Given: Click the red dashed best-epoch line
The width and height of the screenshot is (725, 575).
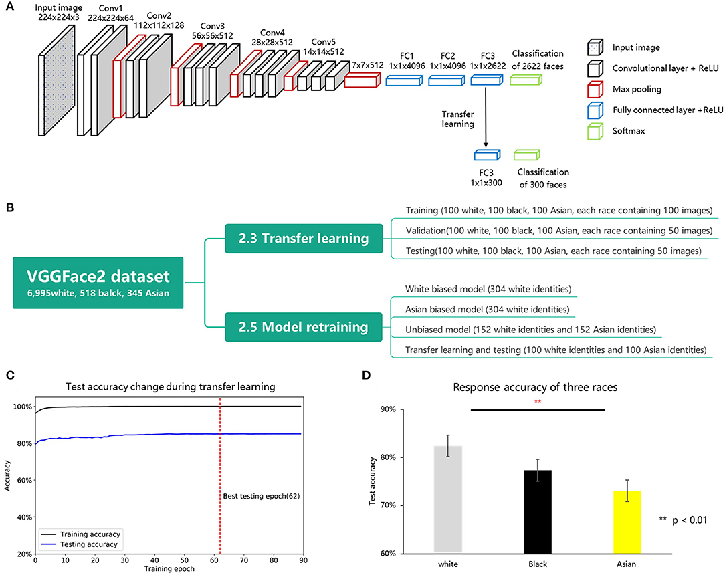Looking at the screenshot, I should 219,468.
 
